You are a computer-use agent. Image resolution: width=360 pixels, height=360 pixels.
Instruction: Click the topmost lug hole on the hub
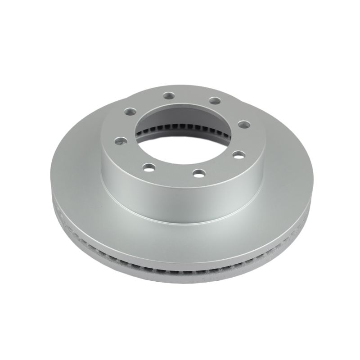(169, 95)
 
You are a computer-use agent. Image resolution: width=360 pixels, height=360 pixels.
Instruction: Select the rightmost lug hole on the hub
(243, 124)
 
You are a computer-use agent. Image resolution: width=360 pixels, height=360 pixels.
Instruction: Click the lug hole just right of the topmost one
(216, 100)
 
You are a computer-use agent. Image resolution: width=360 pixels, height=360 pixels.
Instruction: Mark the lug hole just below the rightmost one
(238, 154)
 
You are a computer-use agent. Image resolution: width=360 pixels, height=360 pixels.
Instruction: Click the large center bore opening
(184, 130)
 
